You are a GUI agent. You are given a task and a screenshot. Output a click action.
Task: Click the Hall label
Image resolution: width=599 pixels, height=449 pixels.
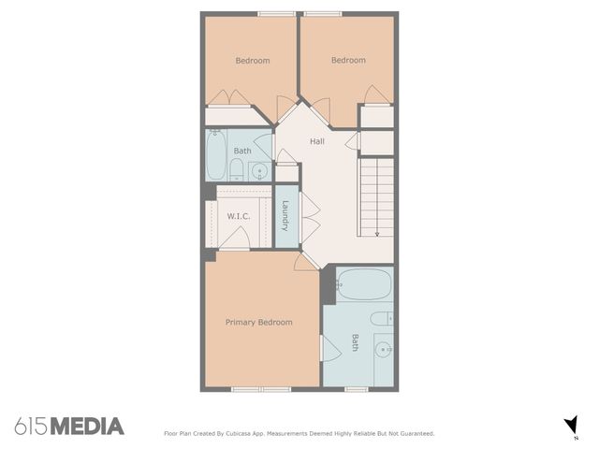(x=317, y=141)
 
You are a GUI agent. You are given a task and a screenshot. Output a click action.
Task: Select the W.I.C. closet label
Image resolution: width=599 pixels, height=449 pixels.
(x=239, y=216)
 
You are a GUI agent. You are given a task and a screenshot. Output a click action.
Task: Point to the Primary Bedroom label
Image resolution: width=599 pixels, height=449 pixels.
(x=258, y=322)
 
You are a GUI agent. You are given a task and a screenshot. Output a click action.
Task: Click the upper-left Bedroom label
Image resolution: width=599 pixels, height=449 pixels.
(x=252, y=61)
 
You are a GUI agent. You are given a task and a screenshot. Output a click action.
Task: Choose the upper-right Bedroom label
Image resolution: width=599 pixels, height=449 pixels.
(x=348, y=61)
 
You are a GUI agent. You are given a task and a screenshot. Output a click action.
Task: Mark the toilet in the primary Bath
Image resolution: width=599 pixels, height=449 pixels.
(x=383, y=319)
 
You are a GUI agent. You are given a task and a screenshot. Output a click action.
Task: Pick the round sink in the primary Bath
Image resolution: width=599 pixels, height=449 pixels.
(x=382, y=351)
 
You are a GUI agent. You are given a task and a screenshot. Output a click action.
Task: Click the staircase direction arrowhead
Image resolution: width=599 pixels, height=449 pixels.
(x=377, y=233)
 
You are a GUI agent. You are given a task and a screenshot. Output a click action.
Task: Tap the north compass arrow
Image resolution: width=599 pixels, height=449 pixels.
(x=571, y=426)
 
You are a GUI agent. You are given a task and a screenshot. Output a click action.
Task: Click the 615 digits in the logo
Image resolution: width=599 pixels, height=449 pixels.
(x=30, y=427)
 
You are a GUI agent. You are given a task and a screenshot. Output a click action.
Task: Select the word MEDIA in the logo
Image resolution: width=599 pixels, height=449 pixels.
(x=86, y=427)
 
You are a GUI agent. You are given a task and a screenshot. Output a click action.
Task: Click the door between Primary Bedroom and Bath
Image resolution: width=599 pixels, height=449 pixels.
(x=329, y=348)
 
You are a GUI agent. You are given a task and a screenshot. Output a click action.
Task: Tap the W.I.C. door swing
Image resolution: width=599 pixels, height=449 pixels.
(x=234, y=239)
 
